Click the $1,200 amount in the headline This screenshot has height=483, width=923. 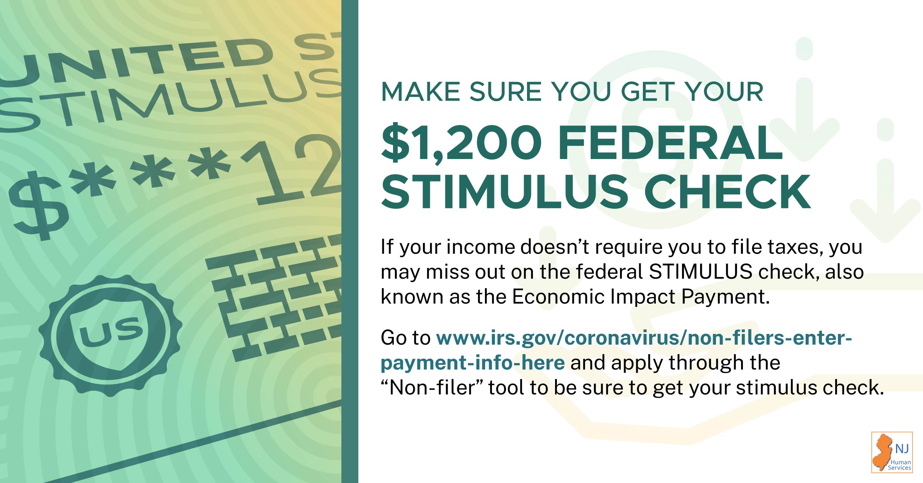[x=461, y=143]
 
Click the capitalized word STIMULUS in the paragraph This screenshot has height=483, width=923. [x=700, y=272]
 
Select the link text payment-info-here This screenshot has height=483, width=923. [x=472, y=363]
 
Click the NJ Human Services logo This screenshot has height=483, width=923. [x=892, y=452]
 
